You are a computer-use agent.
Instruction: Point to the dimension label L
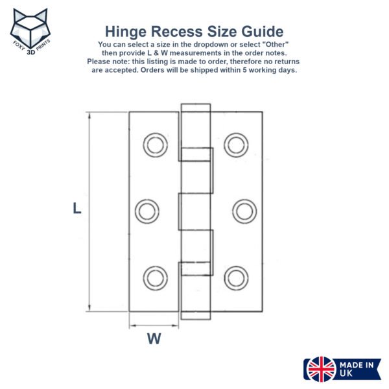pyautogui.click(x=77, y=209)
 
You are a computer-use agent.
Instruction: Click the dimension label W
pyautogui.click(x=154, y=338)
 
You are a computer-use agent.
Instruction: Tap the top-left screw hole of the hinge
pyautogui.click(x=155, y=145)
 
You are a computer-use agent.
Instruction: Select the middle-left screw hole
pyautogui.click(x=147, y=210)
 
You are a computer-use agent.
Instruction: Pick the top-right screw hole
pyautogui.click(x=235, y=145)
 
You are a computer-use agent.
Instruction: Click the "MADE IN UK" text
pyautogui.click(x=357, y=368)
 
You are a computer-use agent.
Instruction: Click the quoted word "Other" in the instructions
pyautogui.click(x=273, y=44)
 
